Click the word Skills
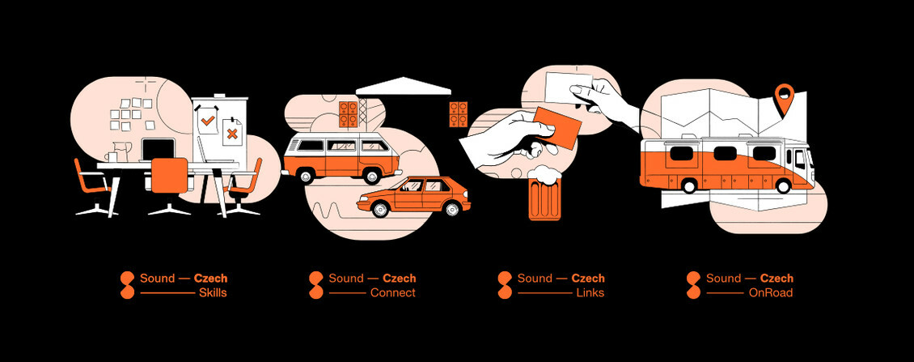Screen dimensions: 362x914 [213, 292]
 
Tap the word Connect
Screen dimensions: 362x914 [392, 292]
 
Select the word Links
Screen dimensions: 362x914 [590, 292]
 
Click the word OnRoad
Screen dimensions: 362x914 [770, 292]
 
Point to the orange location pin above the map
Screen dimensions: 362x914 [782, 98]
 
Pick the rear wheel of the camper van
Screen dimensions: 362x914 [307, 175]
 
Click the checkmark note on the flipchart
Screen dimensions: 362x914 [208, 121]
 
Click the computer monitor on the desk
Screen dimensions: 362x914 [159, 149]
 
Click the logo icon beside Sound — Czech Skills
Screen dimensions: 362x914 [127, 285]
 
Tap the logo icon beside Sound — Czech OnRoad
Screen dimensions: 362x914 [693, 285]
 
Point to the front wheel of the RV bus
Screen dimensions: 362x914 [782, 185]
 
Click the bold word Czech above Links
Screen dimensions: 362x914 [588, 279]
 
